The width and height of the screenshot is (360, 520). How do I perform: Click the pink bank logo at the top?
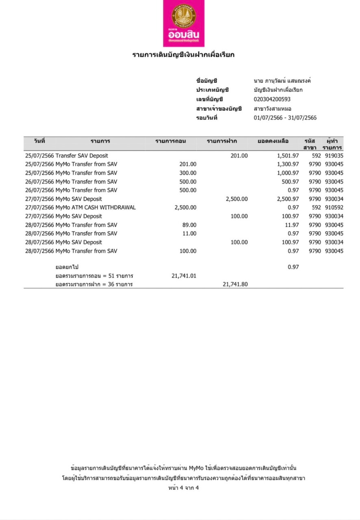click(x=183, y=23)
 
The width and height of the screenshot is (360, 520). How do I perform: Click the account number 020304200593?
click(x=272, y=99)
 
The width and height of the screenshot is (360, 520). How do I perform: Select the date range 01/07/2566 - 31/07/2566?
click(x=285, y=118)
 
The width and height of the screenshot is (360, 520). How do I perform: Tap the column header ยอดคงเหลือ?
click(x=273, y=141)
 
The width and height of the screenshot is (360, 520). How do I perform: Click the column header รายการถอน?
click(x=171, y=141)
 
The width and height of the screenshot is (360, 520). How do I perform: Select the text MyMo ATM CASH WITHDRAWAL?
click(x=95, y=208)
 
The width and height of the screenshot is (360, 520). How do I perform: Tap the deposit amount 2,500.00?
click(x=236, y=199)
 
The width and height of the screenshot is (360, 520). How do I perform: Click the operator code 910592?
click(x=334, y=208)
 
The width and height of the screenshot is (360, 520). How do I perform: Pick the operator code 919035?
click(x=334, y=156)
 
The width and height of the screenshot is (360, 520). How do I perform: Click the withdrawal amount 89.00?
click(x=188, y=225)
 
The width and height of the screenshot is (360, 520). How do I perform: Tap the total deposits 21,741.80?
click(x=235, y=284)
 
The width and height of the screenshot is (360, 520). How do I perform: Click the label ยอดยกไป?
click(x=67, y=267)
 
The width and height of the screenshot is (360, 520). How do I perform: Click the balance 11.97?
click(x=292, y=225)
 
